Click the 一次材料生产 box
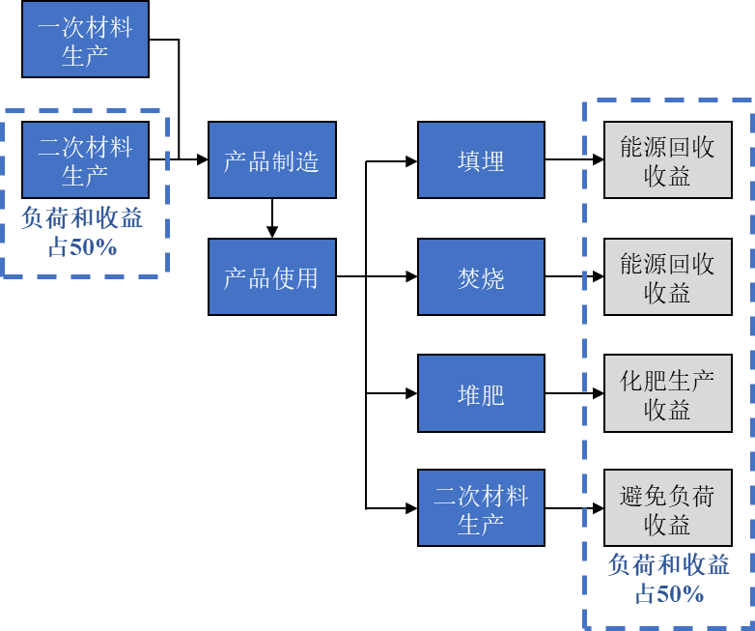tap(85, 40)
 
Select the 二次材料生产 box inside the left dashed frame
tap(85, 159)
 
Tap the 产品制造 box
tap(271, 160)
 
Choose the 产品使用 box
tap(271, 277)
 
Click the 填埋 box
tap(481, 160)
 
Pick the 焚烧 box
tap(481, 277)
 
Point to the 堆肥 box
tap(481, 393)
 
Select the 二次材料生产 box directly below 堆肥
tap(481, 508)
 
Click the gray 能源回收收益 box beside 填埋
tap(667, 160)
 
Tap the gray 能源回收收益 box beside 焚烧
tap(667, 277)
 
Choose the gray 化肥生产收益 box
tap(667, 393)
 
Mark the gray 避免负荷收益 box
tap(667, 508)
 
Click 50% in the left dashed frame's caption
tap(93, 247)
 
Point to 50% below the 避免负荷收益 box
tap(680, 594)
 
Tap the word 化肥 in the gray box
tap(644, 381)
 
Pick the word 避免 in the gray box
tap(644, 497)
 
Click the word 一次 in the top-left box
tap(61, 27)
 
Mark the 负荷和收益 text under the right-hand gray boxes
tap(668, 565)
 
